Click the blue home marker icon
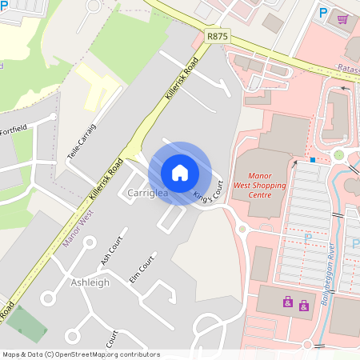point(180,173)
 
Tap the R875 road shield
point(217,36)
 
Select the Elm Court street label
point(142,270)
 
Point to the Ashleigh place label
point(90,282)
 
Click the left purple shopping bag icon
point(287,301)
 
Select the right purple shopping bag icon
point(303,305)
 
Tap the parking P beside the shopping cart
point(323,14)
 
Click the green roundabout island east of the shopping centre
point(338,154)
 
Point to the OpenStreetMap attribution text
point(80,354)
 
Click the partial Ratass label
point(348,70)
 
